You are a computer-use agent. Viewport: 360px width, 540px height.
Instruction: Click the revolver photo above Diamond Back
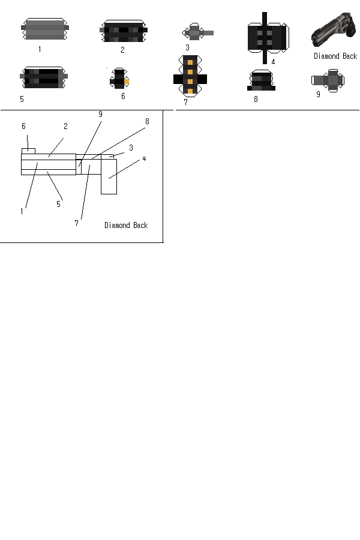[334, 29]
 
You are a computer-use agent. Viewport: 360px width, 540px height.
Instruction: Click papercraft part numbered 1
[45, 29]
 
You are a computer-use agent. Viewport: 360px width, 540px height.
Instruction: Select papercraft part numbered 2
[124, 31]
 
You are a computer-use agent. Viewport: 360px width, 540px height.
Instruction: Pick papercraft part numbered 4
[268, 38]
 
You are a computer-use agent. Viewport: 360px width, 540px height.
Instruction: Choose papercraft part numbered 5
[44, 77]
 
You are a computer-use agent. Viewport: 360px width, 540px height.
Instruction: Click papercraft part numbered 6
[119, 78]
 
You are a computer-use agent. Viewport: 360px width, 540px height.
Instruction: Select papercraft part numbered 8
[261, 80]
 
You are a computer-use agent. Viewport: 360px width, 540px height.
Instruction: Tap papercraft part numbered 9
[328, 80]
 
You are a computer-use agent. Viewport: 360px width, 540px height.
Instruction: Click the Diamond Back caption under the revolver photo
[335, 56]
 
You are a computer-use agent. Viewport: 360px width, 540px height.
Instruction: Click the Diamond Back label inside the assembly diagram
[126, 225]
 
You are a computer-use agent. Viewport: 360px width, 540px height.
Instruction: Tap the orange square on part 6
[127, 82]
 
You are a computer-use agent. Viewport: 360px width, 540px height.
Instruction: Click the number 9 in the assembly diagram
[100, 115]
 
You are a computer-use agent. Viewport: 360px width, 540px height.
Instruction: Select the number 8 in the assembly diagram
[147, 121]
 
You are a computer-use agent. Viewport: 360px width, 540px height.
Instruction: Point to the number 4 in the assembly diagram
[144, 159]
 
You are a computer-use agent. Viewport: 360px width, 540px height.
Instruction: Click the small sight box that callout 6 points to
[28, 151]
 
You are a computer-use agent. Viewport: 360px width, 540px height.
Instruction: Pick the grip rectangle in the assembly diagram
[109, 176]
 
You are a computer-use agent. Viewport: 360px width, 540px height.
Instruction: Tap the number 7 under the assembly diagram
[76, 223]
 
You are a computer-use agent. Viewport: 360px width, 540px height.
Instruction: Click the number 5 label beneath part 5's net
[22, 99]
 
